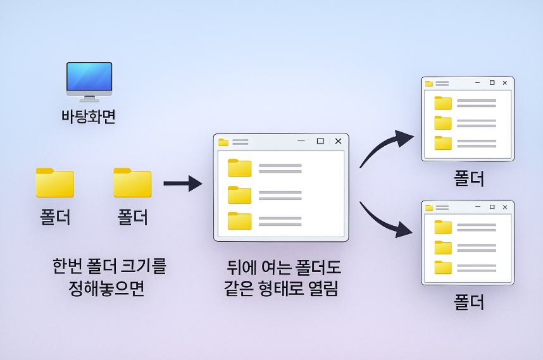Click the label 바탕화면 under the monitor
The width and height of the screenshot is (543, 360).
pos(89,116)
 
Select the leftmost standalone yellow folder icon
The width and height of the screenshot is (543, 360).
pos(55,183)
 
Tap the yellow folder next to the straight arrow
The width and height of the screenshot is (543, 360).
pos(132,183)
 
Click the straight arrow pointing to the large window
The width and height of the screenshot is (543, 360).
pos(182,184)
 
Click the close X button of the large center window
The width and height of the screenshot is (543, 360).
pos(338,141)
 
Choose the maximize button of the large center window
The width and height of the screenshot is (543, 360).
pos(320,141)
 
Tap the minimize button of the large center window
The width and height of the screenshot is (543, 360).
pos(301,141)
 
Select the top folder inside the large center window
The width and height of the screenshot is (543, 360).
pos(240,168)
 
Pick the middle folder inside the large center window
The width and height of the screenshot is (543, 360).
pos(240,195)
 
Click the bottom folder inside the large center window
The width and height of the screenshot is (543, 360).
pos(240,221)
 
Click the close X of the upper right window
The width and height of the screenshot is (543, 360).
pos(504,83)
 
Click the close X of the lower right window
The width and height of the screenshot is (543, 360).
pos(504,207)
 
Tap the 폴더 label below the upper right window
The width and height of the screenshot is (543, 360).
pos(469,178)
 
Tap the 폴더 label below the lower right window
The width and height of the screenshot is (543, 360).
pos(469,302)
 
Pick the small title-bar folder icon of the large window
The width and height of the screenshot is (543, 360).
pos(223,142)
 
